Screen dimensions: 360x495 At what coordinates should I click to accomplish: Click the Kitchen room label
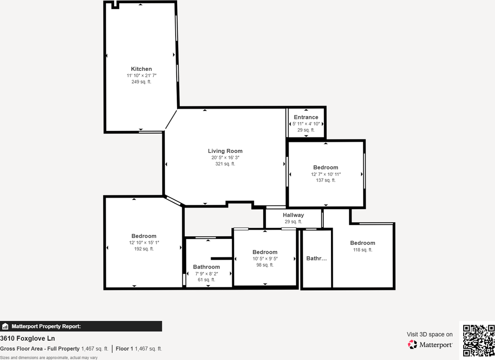coord(141,69)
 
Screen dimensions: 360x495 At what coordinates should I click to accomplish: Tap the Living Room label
coord(225,151)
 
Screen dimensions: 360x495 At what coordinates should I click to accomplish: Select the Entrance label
coord(306,117)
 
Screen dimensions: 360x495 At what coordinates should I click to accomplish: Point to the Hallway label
coord(293,215)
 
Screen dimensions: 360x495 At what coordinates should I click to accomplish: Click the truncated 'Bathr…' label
coord(316,258)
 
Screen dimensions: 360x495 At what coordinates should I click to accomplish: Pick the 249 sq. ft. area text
coord(141,82)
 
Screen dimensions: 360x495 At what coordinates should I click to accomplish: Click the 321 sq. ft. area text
coord(225,164)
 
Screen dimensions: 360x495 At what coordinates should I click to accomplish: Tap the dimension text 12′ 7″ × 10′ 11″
coord(326,174)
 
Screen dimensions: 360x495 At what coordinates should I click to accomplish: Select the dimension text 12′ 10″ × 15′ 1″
coord(144,243)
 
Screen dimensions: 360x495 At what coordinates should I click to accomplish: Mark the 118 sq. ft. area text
coord(363,250)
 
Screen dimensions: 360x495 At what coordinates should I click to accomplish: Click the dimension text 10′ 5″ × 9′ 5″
coord(265,259)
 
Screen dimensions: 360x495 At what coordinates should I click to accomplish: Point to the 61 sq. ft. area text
coord(206,279)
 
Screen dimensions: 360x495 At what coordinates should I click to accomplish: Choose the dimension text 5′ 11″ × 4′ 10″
coord(306,124)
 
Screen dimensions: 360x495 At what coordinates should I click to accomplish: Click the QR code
coord(479,340)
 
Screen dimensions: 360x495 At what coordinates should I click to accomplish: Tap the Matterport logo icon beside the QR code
coord(412,344)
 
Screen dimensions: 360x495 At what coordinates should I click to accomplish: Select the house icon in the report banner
coord(5,326)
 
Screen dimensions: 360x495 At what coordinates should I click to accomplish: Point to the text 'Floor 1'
coord(124,349)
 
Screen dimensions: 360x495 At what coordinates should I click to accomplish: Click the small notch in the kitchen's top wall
coord(115,5)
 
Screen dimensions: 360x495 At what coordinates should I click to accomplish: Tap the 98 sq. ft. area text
coord(265,265)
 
